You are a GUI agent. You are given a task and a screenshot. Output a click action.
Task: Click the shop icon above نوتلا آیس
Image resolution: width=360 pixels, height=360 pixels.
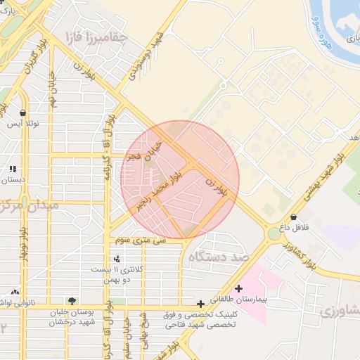(23, 113)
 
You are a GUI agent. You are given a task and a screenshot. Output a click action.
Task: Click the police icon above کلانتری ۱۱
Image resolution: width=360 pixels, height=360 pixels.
(117, 259)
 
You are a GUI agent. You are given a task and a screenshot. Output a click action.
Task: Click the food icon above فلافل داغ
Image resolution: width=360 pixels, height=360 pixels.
(292, 217)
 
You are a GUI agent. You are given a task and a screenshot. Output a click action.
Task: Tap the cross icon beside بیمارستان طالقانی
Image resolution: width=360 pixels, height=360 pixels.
(240, 288)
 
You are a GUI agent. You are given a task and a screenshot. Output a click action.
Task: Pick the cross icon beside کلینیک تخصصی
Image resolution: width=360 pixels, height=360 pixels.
(200, 304)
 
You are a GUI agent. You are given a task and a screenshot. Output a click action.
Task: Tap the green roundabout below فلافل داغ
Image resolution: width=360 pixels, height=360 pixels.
(273, 233)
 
